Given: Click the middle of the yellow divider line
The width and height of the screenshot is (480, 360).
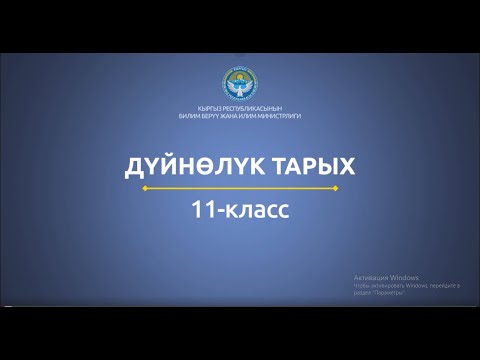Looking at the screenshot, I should coord(240,186).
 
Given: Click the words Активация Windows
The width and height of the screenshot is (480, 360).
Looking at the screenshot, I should coord(385,277).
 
